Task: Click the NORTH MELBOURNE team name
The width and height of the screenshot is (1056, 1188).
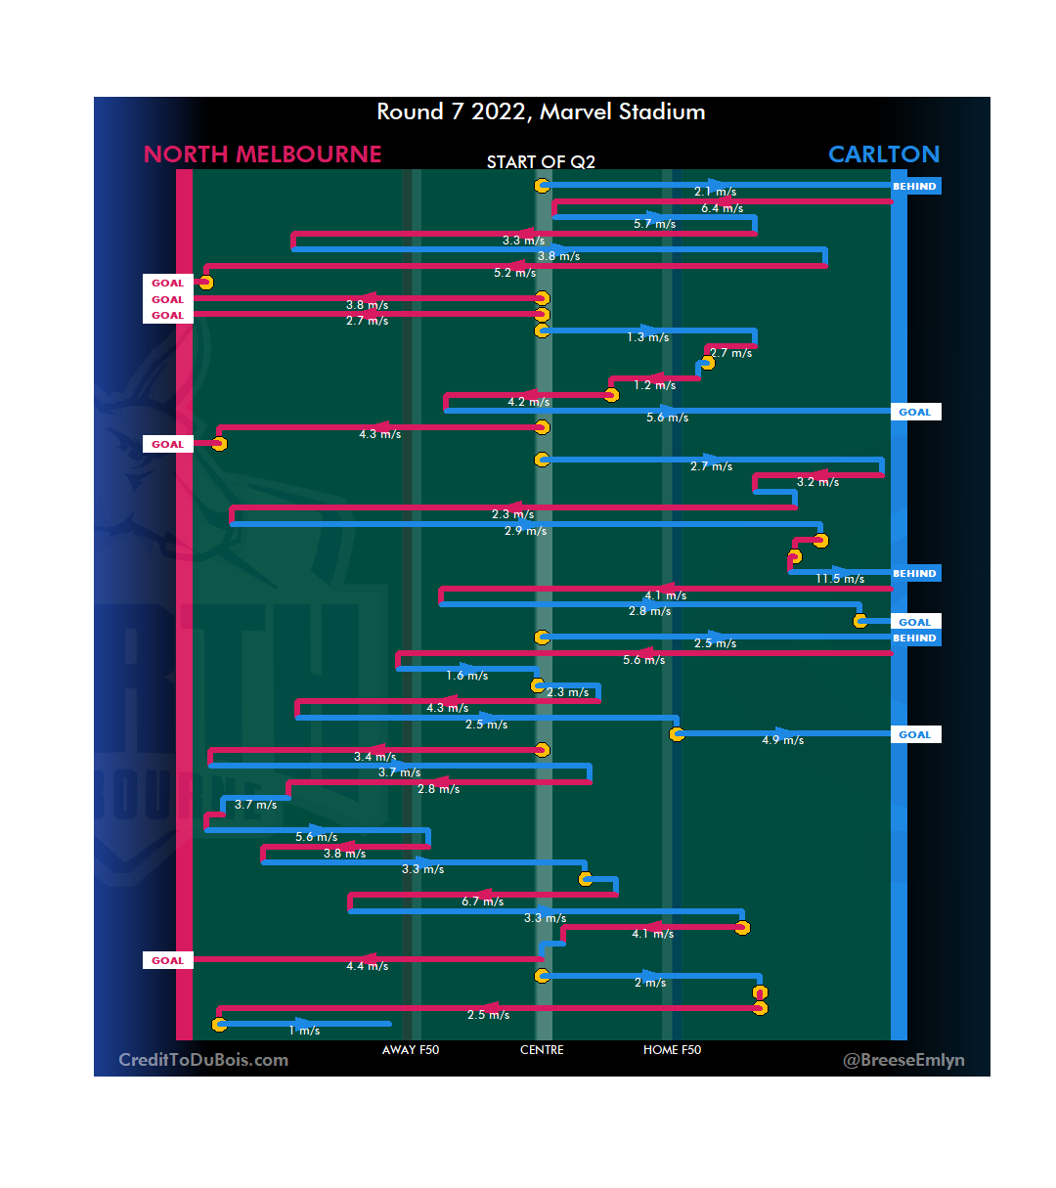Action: pos(262,154)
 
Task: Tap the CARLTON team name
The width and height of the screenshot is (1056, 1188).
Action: pos(883,154)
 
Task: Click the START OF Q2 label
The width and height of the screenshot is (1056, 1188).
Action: pos(541,162)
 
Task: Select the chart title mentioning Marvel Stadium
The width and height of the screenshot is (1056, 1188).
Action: pos(541,111)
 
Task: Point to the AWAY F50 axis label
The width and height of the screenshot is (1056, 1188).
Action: pos(411,1050)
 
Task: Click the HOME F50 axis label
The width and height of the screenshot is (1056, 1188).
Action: pos(672,1050)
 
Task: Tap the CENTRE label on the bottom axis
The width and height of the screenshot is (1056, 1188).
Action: pos(542,1050)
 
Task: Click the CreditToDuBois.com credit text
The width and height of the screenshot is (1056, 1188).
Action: pos(203,1060)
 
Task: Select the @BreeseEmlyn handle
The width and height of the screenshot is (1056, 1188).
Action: pos(903,1060)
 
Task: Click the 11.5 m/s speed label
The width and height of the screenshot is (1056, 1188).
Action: pos(840,579)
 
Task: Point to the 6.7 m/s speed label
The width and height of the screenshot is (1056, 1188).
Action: pos(482,902)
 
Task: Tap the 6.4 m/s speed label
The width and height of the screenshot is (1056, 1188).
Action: pos(722,208)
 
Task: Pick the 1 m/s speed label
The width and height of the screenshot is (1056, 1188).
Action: pos(304,1031)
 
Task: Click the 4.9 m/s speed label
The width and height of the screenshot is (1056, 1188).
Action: pos(782,740)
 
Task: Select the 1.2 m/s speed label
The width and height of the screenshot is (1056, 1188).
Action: pos(654,385)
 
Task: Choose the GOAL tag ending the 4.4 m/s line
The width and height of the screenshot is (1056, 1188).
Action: pos(167,960)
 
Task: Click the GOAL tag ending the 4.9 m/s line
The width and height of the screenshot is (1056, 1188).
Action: pos(915,734)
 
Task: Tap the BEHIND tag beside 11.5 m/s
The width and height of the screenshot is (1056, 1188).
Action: pos(915,573)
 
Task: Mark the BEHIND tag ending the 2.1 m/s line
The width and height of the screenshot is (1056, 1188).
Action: pos(915,186)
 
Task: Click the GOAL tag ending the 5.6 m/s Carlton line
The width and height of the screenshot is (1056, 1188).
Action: pos(915,412)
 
